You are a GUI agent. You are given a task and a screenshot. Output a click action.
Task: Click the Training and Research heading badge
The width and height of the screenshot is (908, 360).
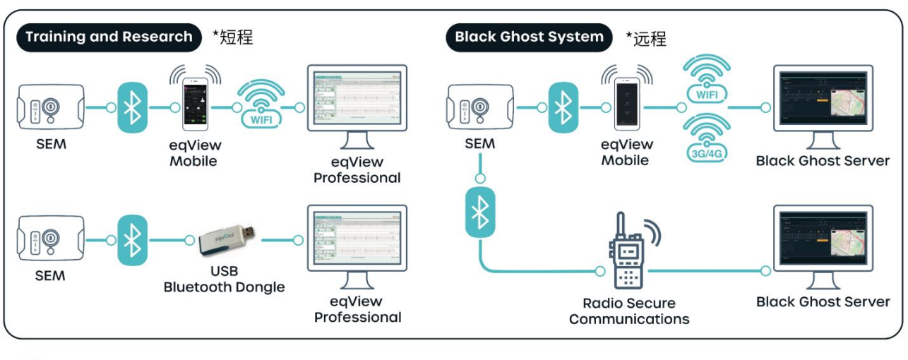pos(109,37)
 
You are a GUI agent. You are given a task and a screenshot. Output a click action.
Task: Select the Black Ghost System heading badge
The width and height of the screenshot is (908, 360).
pos(529,37)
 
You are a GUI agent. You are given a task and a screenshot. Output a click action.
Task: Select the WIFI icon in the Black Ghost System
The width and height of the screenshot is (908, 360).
pos(706,79)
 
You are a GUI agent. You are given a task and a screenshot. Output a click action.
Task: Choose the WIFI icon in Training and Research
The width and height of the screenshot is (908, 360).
pos(261,106)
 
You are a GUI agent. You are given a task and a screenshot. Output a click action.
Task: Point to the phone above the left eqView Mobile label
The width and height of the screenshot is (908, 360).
pos(196,103)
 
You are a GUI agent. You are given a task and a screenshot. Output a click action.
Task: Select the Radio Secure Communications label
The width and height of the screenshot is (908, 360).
pos(628,311)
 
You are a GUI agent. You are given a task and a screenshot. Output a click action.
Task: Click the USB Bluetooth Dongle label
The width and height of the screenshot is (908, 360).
pos(224,280)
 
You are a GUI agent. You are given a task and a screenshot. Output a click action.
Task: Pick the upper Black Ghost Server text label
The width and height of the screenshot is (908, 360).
pos(823,161)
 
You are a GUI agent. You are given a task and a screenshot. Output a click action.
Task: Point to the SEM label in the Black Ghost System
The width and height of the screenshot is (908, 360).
pos(479,144)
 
